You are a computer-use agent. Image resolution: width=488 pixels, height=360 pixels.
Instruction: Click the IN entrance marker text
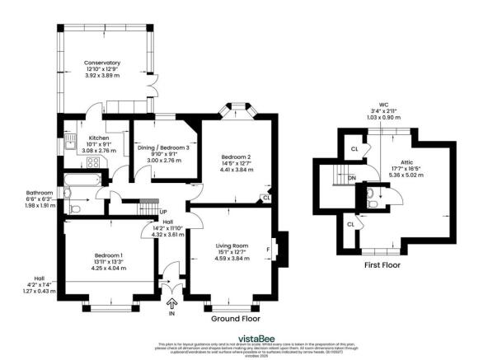pyautogui.click(x=171, y=314)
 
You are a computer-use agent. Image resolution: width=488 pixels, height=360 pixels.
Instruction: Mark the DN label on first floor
pyautogui.click(x=352, y=177)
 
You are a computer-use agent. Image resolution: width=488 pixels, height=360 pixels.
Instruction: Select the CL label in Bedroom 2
pyautogui.click(x=265, y=198)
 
